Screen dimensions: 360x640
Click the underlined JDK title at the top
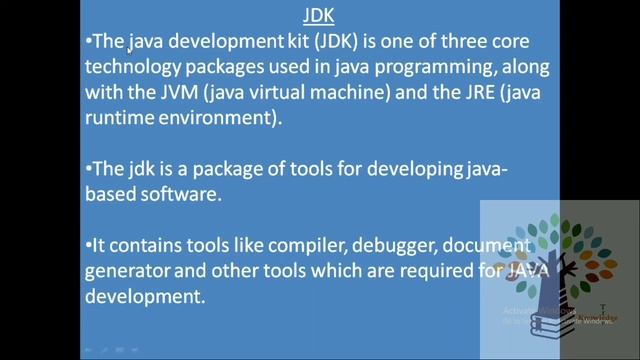coord(320,16)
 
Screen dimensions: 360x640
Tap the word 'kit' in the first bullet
coord(298,43)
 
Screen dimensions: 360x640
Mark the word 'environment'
coord(221,118)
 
